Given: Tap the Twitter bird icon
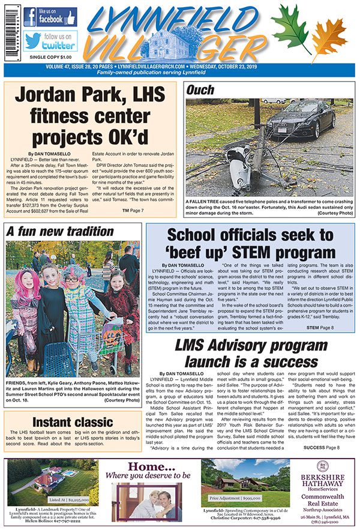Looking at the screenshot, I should (x=32, y=41).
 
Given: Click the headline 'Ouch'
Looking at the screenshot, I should (x=202, y=91).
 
